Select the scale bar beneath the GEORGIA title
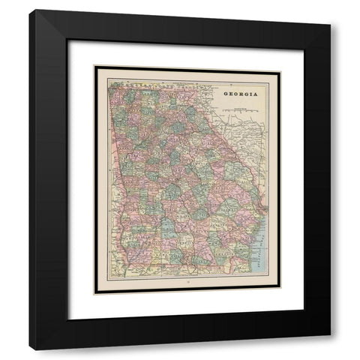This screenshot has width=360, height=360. [x=240, y=109]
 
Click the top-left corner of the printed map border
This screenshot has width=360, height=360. [x=95, y=67]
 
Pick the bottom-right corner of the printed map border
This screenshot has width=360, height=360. [x=280, y=293]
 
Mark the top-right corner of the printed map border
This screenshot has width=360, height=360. [x=280, y=67]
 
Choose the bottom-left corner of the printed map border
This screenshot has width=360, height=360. [x=95, y=293]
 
